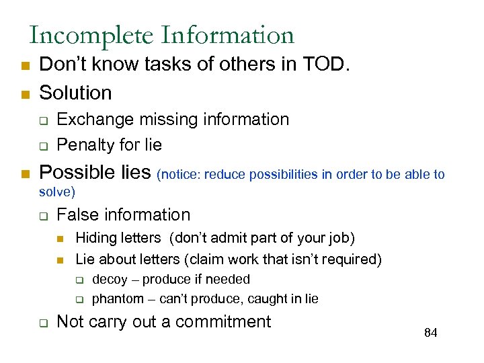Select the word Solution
76,92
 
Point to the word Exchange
95,120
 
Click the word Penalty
84,145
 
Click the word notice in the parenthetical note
179,175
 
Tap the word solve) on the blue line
57,192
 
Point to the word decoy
108,279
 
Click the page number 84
431,333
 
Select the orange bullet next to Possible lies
24,174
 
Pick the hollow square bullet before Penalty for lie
42,146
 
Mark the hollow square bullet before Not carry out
42,323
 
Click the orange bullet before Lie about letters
61,260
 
